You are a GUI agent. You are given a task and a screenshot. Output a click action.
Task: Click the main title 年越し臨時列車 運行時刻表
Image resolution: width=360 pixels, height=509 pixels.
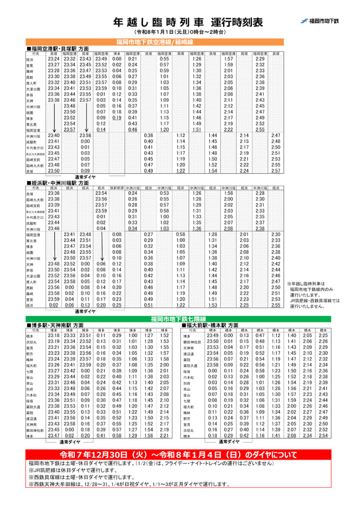click(180, 22)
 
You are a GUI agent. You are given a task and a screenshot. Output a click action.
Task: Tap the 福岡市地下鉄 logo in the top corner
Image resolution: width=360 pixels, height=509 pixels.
click(320, 21)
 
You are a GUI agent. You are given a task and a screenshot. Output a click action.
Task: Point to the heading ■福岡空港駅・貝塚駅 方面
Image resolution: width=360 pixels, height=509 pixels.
click(58, 48)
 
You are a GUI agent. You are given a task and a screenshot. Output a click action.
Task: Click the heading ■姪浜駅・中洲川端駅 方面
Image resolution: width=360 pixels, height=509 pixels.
click(58, 182)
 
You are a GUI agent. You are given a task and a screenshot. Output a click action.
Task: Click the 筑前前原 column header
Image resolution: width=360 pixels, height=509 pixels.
click(117, 188)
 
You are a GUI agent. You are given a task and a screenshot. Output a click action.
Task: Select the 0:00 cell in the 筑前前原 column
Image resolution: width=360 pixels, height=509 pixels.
click(117, 234)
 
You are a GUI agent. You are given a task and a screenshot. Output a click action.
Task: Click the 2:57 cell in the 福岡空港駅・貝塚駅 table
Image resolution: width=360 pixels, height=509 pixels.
click(276, 171)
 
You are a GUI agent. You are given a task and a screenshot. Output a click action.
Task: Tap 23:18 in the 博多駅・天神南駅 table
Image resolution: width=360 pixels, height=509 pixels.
click(54, 336)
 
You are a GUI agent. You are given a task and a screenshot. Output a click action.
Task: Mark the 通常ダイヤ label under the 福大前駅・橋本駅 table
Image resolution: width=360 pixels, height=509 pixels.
click(230, 441)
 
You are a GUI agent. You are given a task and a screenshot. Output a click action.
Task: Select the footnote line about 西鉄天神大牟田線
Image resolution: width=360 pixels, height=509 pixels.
click(130, 484)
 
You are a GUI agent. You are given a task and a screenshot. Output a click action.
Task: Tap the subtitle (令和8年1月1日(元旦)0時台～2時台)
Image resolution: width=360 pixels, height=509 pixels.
click(180, 33)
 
